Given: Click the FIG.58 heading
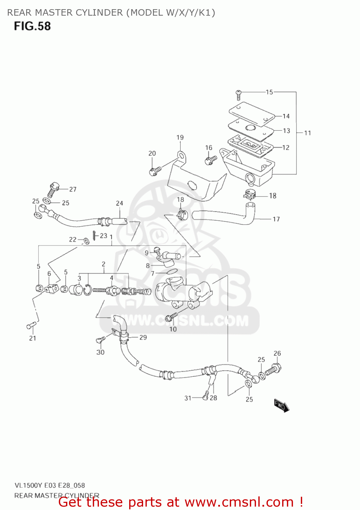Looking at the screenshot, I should coord(32,26).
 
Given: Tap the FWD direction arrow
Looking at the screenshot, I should coord(281,406).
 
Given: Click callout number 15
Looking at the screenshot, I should coord(269,92).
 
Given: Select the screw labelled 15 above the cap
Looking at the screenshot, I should coord(239,94).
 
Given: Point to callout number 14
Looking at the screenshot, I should coord(286,116).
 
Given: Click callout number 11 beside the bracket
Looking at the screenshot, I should coord(308,133).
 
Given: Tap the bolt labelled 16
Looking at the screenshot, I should coord(211,159).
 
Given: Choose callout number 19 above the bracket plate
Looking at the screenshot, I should coord(180,137).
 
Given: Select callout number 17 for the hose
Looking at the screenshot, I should coord(276,219).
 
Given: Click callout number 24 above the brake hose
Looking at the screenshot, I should coord(119,203).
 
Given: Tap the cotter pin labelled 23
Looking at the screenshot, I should coord(94,235).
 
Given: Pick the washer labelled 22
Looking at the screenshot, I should coord(86,241).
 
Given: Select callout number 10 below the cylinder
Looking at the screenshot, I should coord(173,329).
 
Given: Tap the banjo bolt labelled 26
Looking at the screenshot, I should coord(274,370).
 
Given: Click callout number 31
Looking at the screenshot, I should coord(188,398).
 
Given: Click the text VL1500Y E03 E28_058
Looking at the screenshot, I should coord(50,485).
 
